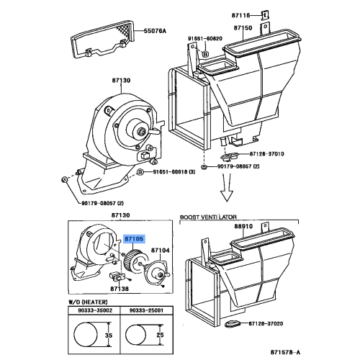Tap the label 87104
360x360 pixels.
tap(161, 249)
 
